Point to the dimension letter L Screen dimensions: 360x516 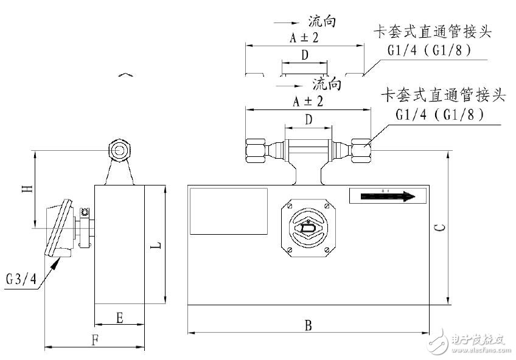tap(156, 245)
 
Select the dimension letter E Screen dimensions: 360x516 tap(120, 317)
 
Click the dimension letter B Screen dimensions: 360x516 tap(309, 325)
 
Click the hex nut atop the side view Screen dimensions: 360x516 tap(119, 149)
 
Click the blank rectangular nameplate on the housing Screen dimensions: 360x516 tap(229, 211)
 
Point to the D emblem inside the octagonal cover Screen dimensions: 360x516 tap(309, 229)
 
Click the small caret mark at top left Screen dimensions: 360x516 tap(125, 75)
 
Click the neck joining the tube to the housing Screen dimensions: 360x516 tap(309, 174)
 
